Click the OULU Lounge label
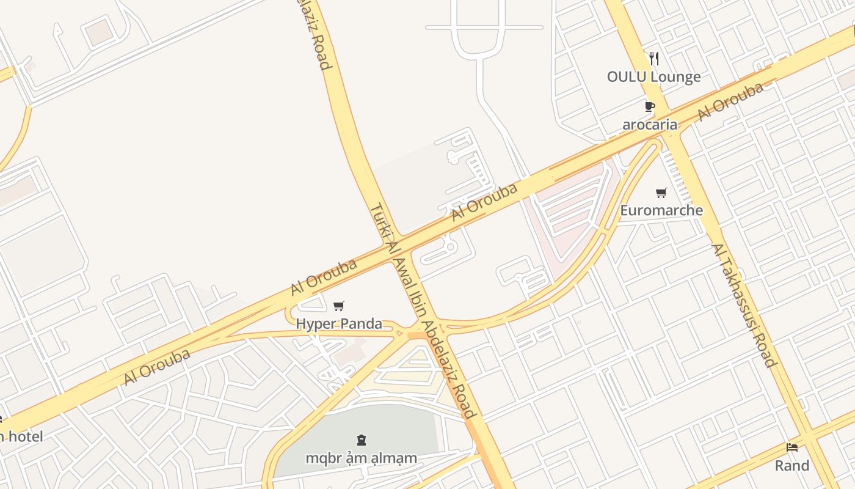[653, 77]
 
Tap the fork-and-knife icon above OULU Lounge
[654, 59]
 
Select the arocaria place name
[650, 125]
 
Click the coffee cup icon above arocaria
[649, 107]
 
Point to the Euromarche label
[661, 211]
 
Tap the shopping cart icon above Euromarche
[661, 193]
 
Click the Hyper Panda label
[339, 324]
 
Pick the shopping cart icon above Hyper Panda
[339, 306]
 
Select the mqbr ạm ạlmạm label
[362, 458]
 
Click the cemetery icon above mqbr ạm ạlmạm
[362, 439]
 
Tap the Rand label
[792, 466]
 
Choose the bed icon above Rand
[792, 447]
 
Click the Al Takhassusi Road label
[744, 306]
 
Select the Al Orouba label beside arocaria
[730, 102]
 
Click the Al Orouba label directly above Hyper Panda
[324, 278]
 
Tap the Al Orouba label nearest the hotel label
[157, 367]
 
